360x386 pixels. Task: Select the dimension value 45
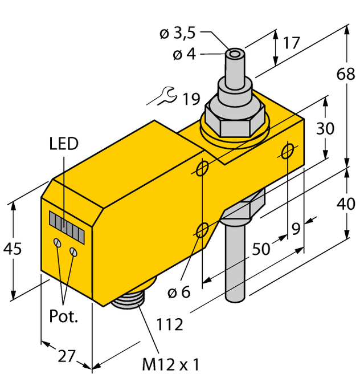point(13,249)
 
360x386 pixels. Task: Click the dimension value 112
point(170,325)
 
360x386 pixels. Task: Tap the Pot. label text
point(63,318)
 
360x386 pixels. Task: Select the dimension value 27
point(67,356)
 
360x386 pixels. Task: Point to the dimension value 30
point(325,129)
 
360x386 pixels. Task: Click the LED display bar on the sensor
point(67,226)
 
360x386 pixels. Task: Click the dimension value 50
point(261,249)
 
